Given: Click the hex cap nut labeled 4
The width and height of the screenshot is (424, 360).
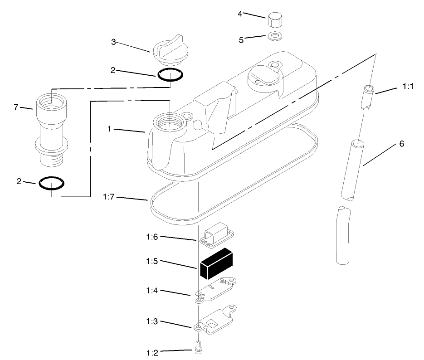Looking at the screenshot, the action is point(274,20).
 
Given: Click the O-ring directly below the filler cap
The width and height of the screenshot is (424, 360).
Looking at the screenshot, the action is point(170,75).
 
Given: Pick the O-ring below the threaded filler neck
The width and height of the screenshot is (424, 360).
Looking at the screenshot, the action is point(51,183).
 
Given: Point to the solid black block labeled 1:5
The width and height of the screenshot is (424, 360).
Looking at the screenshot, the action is point(216,264).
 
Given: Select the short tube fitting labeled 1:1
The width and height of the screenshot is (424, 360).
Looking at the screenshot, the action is point(367,97).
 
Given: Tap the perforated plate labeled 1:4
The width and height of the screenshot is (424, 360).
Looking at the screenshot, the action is point(215,290).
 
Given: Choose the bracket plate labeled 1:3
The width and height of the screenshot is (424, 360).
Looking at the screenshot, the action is point(215,320).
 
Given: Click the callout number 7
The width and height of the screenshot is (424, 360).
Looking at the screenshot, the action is point(16,107).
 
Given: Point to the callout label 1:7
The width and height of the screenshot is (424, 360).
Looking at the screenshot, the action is point(109,197).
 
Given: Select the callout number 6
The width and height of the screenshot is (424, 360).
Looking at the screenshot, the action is point(402,144).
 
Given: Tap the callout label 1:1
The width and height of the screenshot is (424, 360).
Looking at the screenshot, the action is point(408,86).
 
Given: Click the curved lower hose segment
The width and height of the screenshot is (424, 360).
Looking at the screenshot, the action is point(343,235).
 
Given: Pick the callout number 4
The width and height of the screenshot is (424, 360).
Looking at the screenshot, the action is point(240,14).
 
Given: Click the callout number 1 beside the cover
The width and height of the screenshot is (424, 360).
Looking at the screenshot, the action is point(109,129).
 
